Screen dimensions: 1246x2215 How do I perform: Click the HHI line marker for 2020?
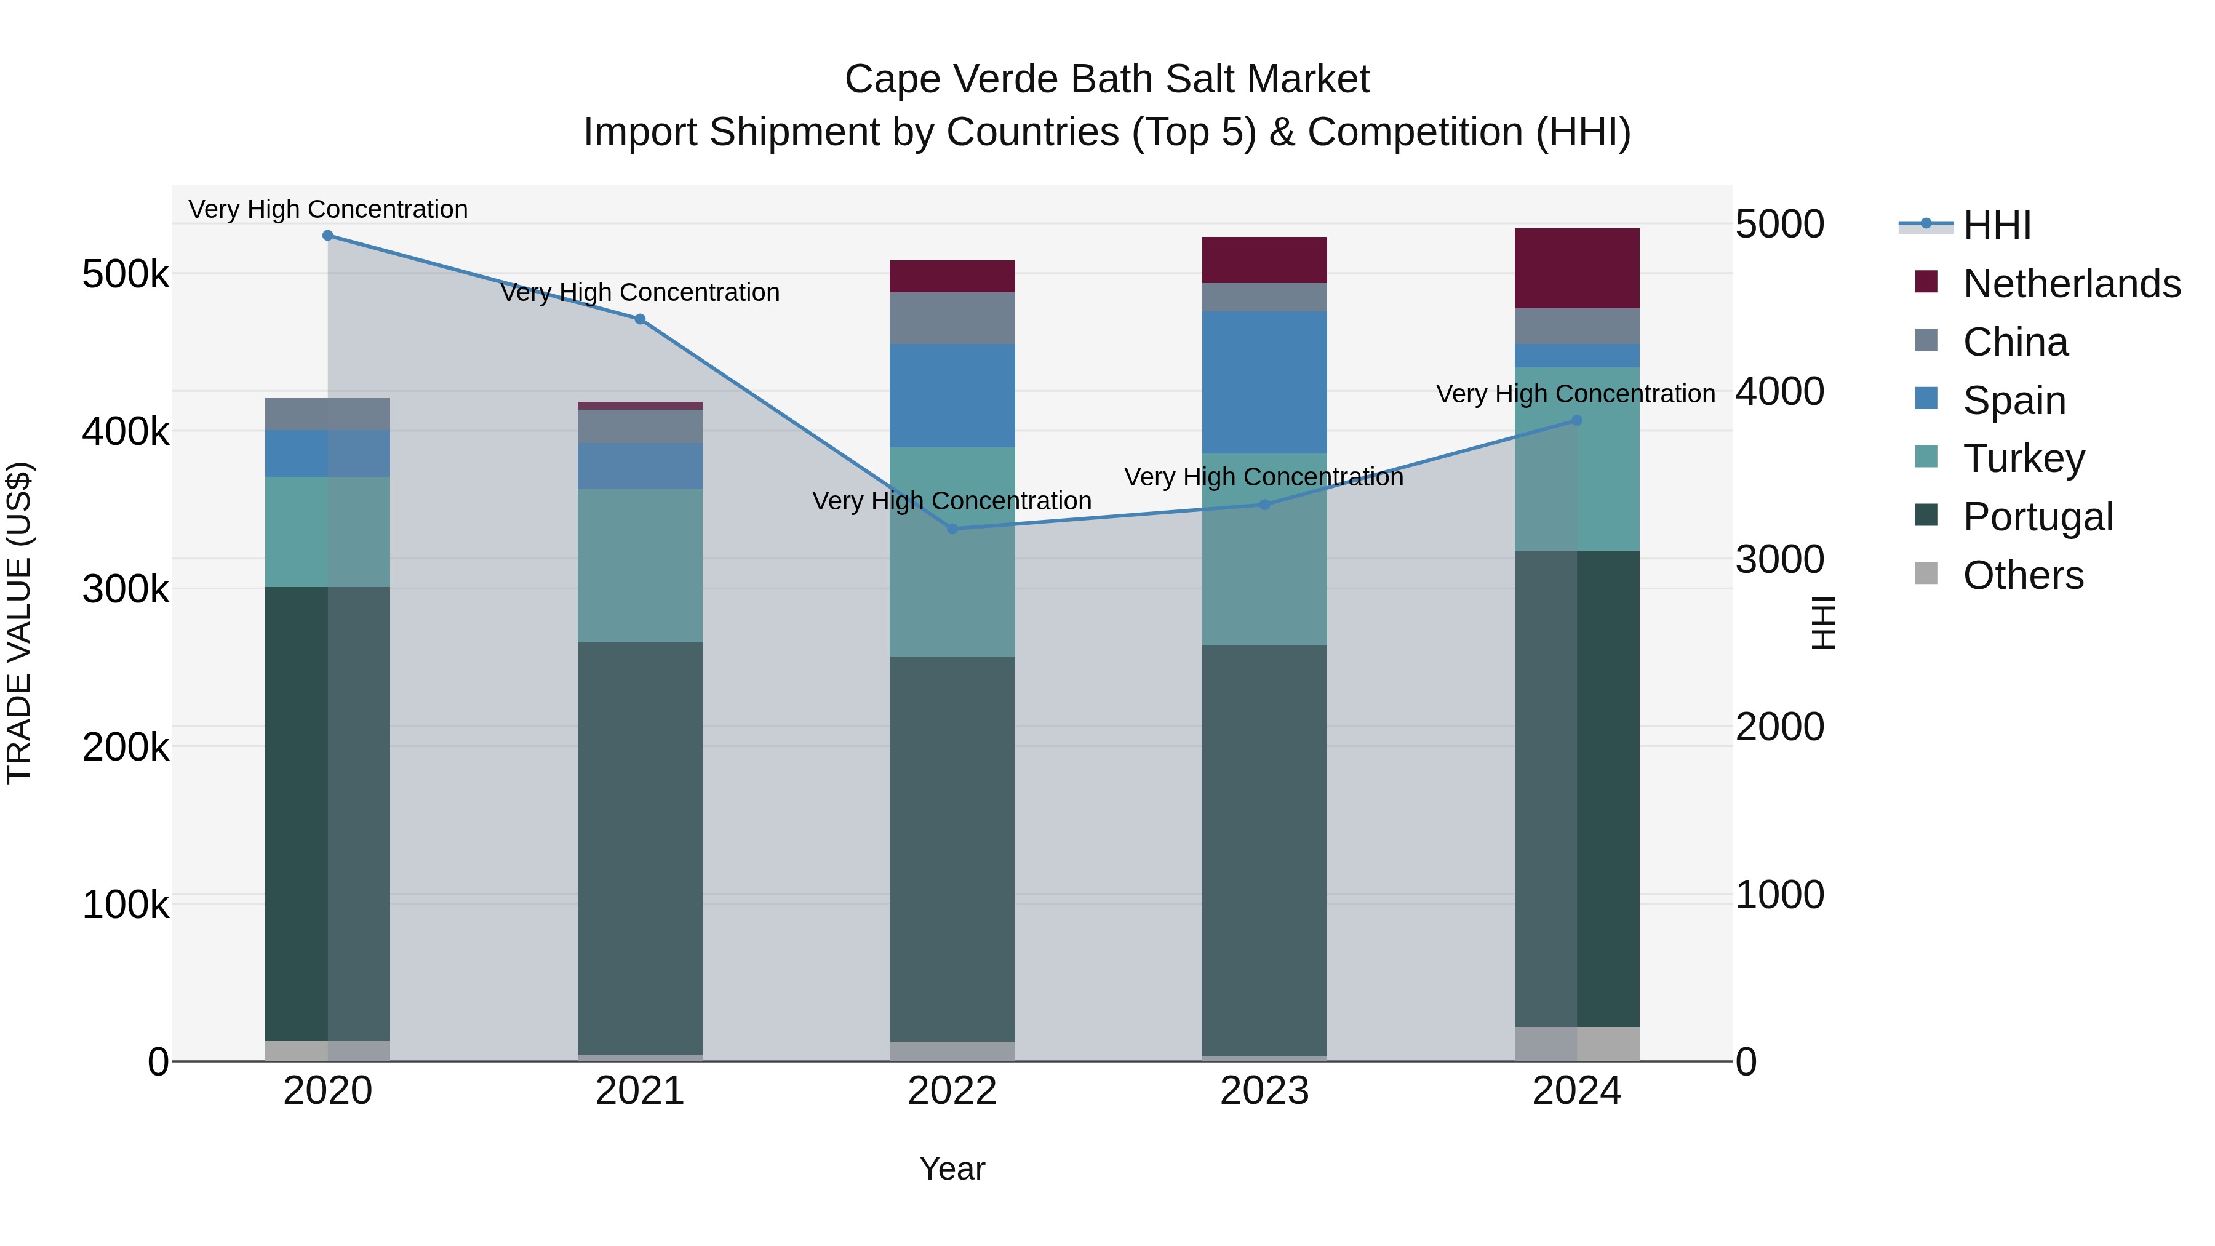pos(327,236)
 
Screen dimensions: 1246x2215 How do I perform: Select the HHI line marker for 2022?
pos(952,529)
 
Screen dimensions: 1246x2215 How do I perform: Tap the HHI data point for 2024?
pos(1576,420)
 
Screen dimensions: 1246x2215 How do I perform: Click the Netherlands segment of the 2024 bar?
pos(1576,268)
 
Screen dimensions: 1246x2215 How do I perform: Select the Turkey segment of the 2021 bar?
pos(640,566)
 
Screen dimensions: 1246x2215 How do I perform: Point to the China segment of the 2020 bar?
pos(327,415)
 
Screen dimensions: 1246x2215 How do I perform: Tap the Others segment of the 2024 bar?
pos(1576,1044)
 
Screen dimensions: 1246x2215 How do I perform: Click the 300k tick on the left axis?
pos(126,589)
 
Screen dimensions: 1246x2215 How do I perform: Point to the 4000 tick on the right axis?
pos(1779,391)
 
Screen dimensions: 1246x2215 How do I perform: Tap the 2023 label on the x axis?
pos(1264,1091)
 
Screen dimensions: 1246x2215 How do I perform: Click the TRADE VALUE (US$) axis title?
pos(21,623)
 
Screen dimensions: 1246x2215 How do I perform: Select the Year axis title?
pos(952,1168)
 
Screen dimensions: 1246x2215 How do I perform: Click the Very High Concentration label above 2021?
pos(640,292)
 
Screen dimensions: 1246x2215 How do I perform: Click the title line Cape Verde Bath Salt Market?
pos(1107,79)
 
